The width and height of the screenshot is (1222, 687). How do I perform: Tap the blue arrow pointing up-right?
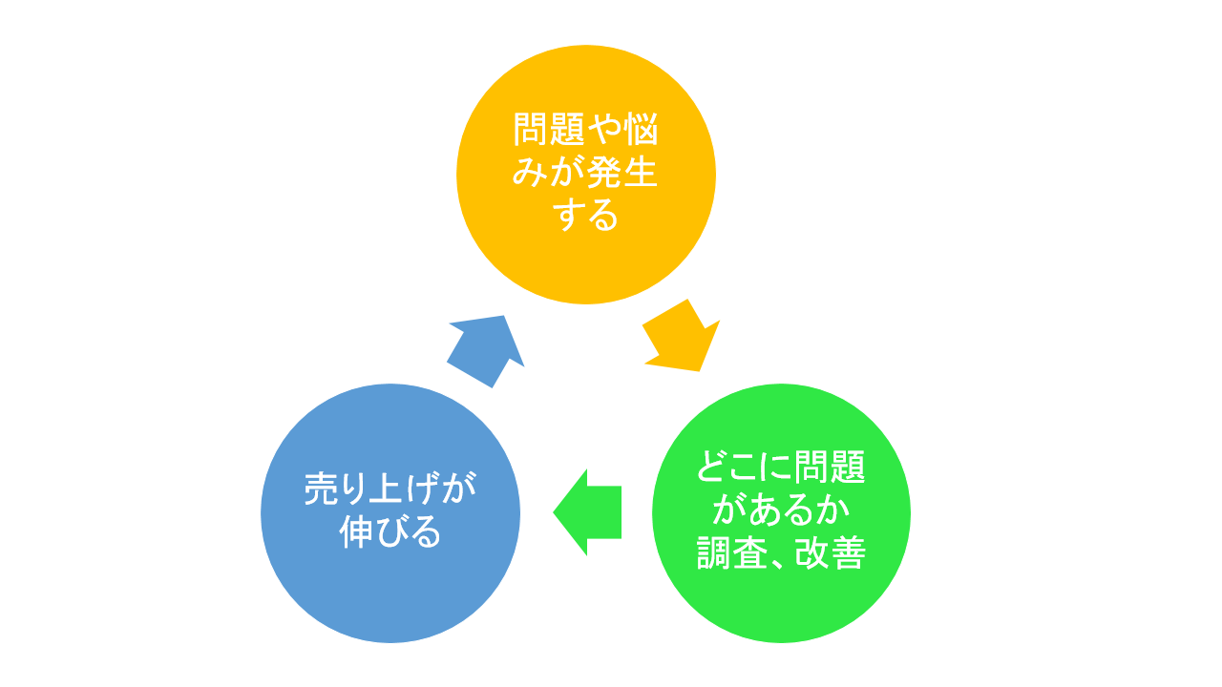(x=486, y=350)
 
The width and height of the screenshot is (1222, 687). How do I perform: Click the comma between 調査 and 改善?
(x=779, y=563)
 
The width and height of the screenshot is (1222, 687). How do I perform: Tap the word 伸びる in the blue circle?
(x=390, y=532)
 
